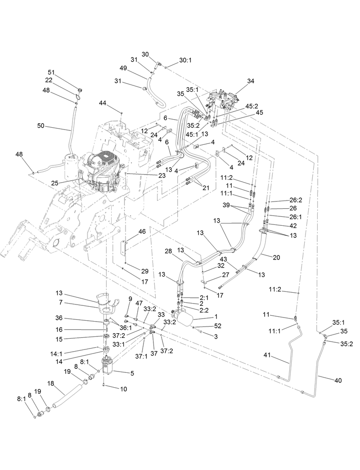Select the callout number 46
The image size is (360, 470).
pyautogui.click(x=142, y=232)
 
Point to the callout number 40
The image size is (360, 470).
pyautogui.click(x=338, y=380)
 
